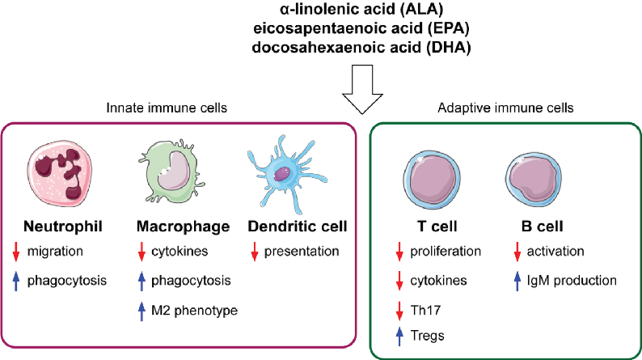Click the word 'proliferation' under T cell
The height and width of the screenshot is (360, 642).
tap(446, 251)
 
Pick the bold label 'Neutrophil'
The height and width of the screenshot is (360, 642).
tap(57, 228)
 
